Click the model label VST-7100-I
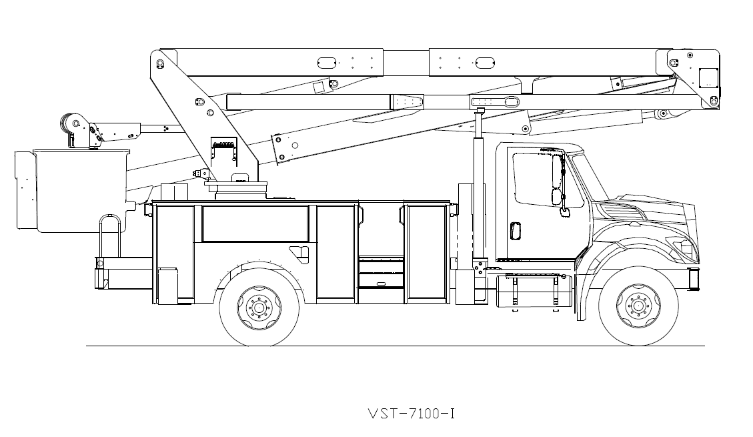click(411, 414)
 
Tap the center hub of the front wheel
click(638, 306)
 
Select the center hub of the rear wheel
click(259, 308)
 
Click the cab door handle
click(514, 231)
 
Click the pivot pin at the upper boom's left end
click(160, 63)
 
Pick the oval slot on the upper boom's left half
click(326, 62)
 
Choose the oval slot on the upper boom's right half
click(485, 62)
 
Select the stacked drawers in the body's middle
click(381, 274)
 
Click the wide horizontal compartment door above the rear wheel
click(255, 224)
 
